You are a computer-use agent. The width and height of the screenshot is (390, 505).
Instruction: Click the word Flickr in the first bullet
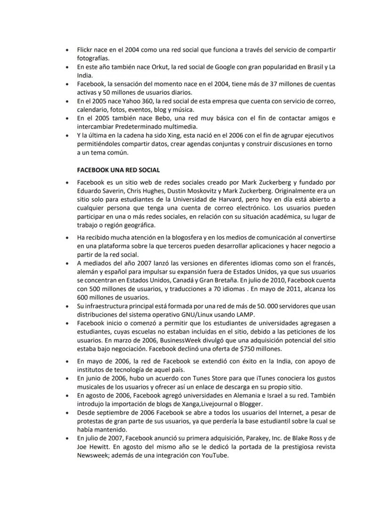tap(85, 50)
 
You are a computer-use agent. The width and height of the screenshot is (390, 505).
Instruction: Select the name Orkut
tap(161, 67)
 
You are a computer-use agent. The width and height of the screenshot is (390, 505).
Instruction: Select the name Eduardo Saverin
tap(100, 191)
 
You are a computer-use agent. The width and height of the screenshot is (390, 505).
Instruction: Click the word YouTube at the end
tap(215, 456)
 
